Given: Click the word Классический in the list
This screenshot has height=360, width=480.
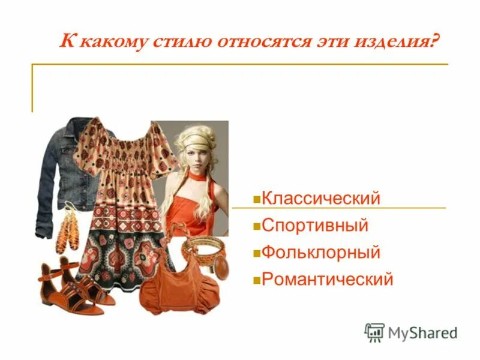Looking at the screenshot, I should pyautogui.click(x=321, y=198).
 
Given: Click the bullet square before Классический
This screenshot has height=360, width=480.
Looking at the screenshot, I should pyautogui.click(x=256, y=199).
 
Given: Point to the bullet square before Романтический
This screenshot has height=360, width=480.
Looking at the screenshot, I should pyautogui.click(x=256, y=280).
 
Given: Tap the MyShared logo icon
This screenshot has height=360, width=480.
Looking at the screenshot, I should pyautogui.click(x=374, y=332).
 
